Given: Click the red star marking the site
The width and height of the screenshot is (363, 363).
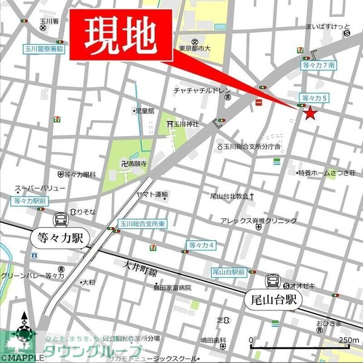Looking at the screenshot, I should click(310, 113).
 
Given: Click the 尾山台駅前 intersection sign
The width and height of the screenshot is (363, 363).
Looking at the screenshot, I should click(228, 272).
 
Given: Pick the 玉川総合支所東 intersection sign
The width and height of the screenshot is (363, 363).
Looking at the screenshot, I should click(142, 223).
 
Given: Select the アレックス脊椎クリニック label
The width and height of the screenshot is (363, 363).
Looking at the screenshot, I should click(258, 221).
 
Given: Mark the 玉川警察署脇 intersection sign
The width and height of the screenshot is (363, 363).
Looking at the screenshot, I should click(43, 48).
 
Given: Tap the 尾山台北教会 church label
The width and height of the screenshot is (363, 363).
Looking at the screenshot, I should click(230, 196).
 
